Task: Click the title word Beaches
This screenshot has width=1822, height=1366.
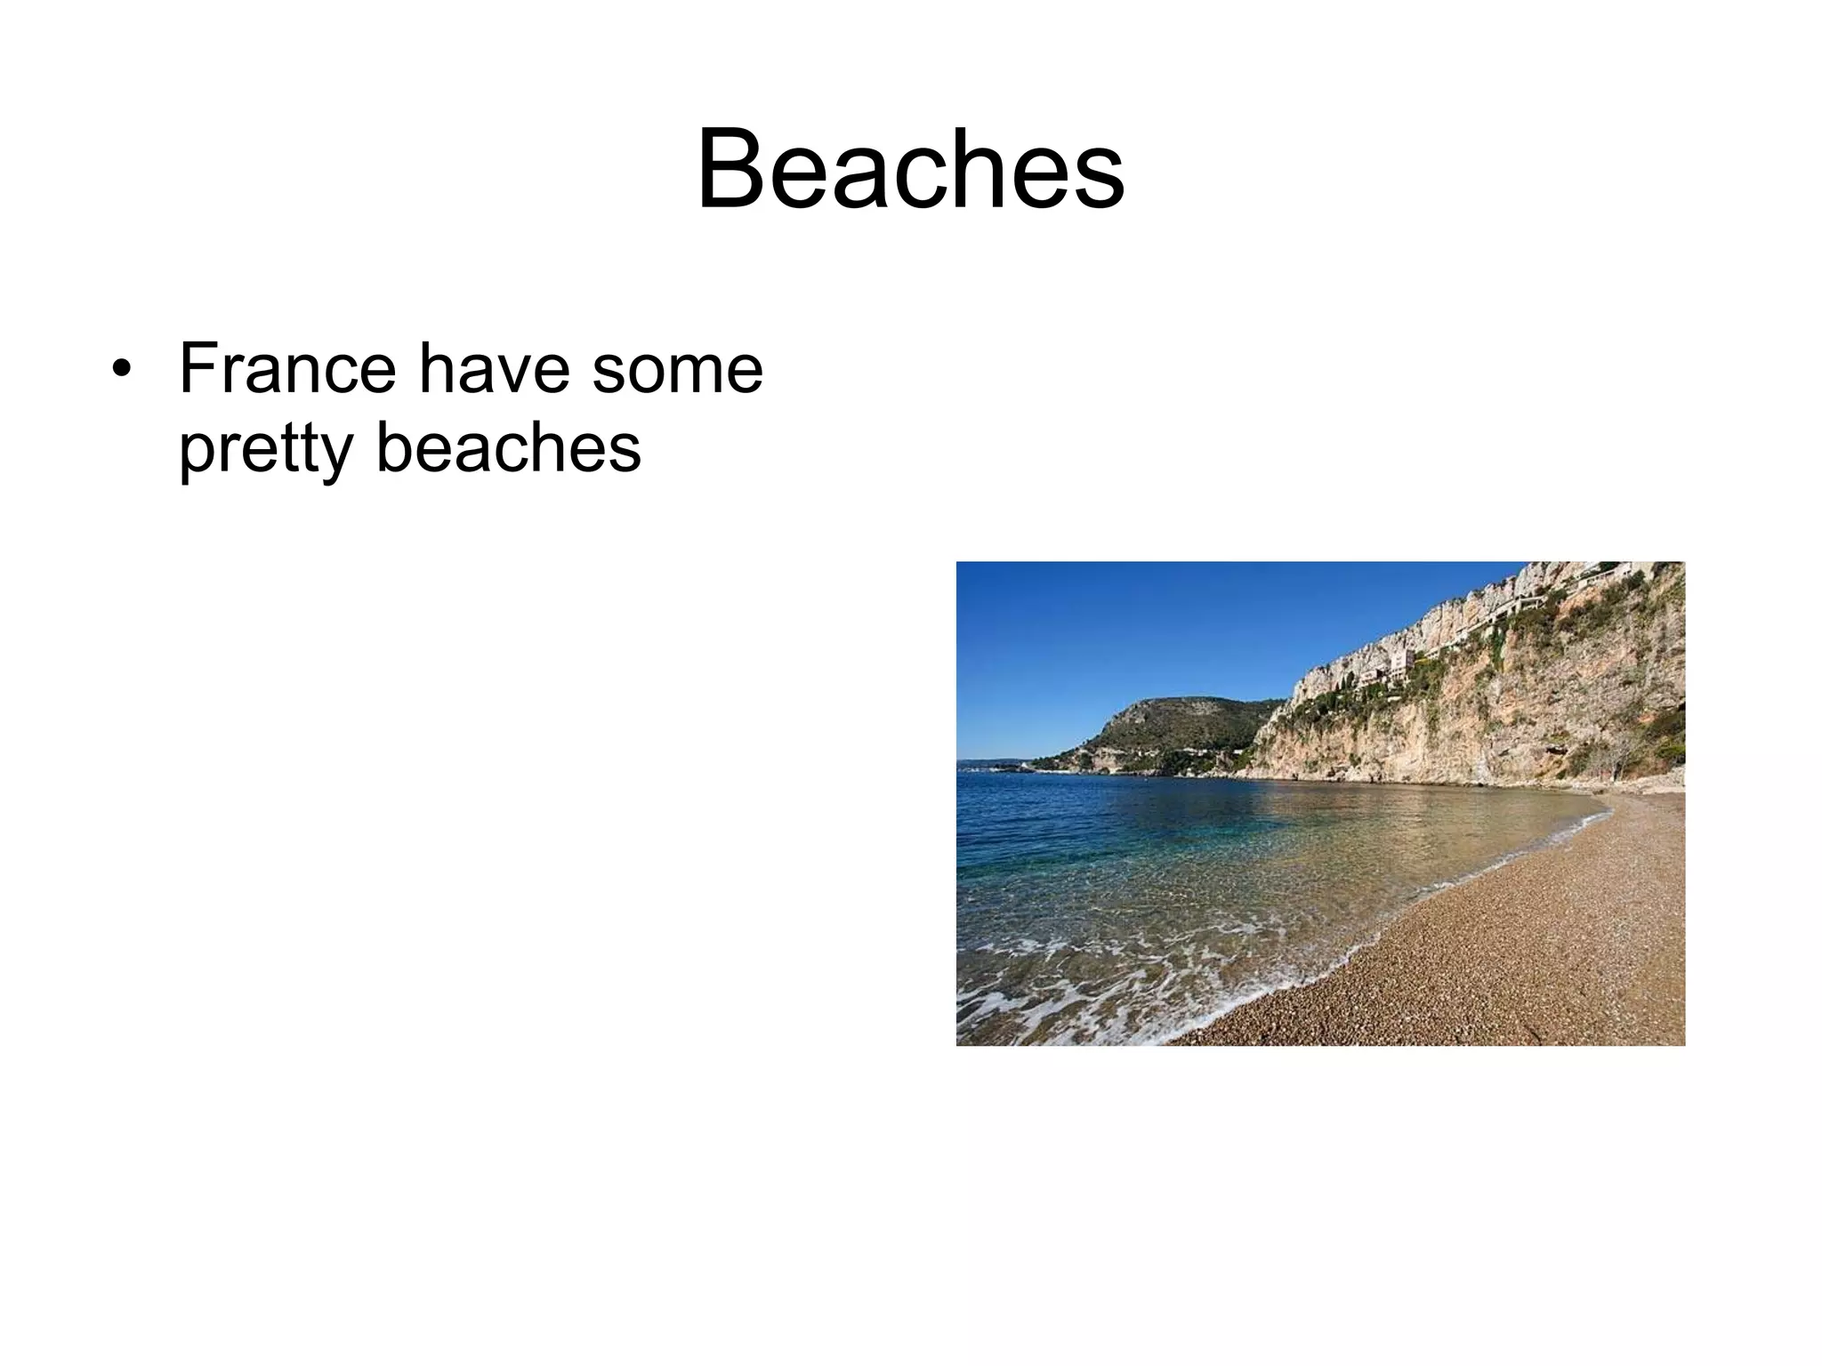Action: click(910, 169)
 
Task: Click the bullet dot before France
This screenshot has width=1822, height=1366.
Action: click(120, 370)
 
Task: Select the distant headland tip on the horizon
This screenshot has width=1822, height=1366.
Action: click(966, 763)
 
